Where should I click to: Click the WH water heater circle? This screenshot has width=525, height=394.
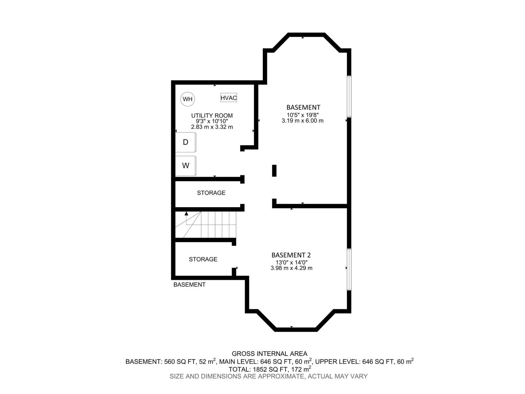pyautogui.click(x=188, y=99)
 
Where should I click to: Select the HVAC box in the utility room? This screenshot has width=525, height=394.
pyautogui.click(x=228, y=98)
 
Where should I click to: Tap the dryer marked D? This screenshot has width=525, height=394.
pyautogui.click(x=186, y=142)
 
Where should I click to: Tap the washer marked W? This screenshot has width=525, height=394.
pyautogui.click(x=186, y=166)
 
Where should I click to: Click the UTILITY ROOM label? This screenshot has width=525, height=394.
pyautogui.click(x=212, y=116)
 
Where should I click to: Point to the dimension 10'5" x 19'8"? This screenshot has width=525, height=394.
pyautogui.click(x=303, y=115)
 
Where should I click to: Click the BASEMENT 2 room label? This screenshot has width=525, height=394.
pyautogui.click(x=291, y=255)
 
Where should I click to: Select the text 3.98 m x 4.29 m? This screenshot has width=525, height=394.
pyautogui.click(x=291, y=268)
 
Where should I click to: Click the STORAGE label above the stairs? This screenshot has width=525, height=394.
pyautogui.click(x=211, y=193)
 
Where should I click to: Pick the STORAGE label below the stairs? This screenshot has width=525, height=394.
pyautogui.click(x=203, y=259)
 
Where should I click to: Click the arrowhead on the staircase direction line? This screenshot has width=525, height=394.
pyautogui.click(x=186, y=213)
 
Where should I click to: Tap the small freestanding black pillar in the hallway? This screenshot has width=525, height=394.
pyautogui.click(x=274, y=171)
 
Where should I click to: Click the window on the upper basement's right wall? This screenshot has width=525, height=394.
pyautogui.click(x=349, y=96)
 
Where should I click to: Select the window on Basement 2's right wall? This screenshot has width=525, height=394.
pyautogui.click(x=349, y=269)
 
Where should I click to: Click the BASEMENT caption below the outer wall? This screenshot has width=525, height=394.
pyautogui.click(x=189, y=285)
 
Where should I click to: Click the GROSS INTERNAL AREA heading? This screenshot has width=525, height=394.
pyautogui.click(x=269, y=354)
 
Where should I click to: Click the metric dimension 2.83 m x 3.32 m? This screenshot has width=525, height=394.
pyautogui.click(x=212, y=127)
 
